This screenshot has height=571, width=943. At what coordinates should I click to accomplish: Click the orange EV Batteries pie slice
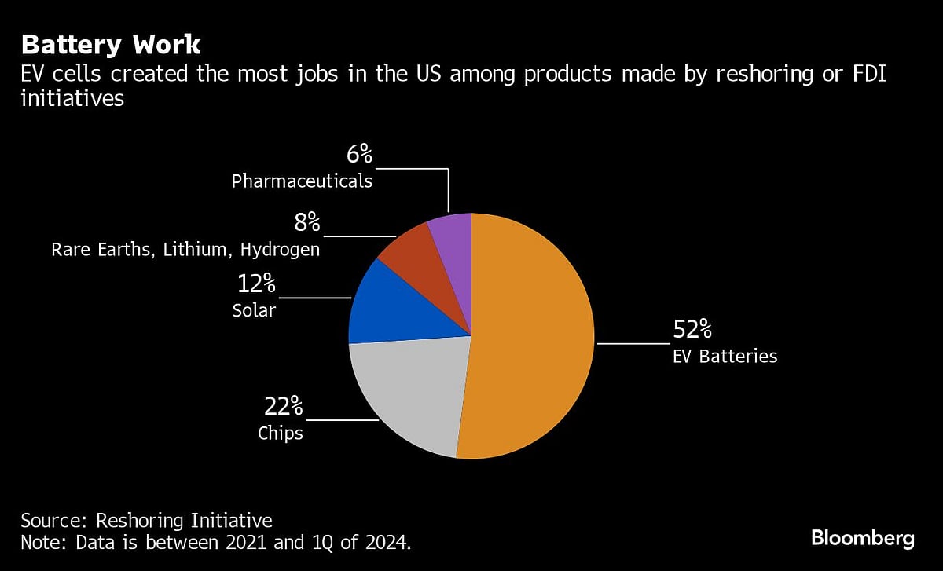click(x=534, y=338)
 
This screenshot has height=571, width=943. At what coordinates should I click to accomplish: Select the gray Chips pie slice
click(x=409, y=393)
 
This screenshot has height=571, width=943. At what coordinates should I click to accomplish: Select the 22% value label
click(x=282, y=406)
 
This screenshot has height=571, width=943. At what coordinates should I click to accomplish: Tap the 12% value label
click(x=257, y=283)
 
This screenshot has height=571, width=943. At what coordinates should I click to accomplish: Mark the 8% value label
click(x=307, y=222)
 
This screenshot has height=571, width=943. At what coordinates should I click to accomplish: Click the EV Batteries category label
click(x=725, y=357)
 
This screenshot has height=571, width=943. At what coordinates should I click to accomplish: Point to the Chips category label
click(x=281, y=433)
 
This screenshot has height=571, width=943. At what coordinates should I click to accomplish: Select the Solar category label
click(x=255, y=310)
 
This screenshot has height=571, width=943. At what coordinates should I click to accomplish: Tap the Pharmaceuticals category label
click(x=302, y=181)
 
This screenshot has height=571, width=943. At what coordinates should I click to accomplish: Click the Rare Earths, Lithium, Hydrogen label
click(x=185, y=250)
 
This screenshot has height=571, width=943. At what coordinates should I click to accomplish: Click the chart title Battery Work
click(x=111, y=44)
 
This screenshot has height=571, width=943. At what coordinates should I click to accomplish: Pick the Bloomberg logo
click(x=863, y=538)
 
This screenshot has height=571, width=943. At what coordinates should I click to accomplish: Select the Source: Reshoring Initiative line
click(x=146, y=520)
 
